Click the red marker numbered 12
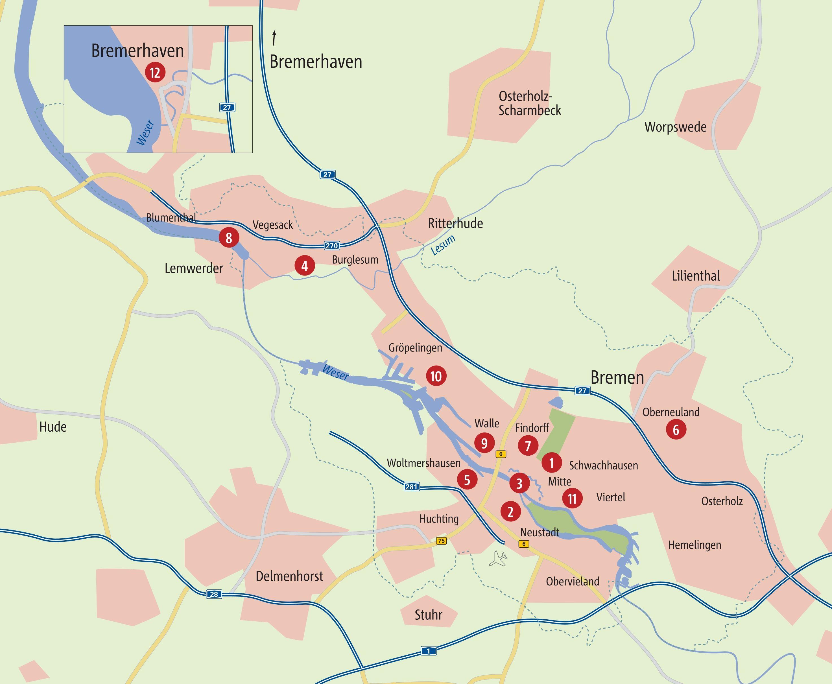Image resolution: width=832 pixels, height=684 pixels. point(155,73)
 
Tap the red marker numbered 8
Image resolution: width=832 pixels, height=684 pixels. point(229,238)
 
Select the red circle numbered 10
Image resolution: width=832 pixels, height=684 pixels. point(436,376)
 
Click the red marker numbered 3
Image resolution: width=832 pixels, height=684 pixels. point(519,483)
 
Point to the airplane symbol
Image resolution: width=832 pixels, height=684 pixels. point(498,559)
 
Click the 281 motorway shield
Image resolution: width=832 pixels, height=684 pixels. point(412,487)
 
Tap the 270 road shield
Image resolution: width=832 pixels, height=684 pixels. point(332,246)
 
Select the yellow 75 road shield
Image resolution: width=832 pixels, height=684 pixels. point(441,541)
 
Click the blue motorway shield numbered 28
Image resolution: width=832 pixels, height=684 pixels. point(214,594)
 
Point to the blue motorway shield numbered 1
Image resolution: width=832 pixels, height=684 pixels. point(429,651)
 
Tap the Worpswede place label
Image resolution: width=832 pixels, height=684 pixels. point(675,127)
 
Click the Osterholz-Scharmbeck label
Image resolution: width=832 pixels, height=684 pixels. point(529,103)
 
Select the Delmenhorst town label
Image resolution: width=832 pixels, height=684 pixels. point(289,576)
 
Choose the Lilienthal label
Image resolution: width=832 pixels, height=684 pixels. point(696,276)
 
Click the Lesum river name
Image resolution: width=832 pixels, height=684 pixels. point(443,245)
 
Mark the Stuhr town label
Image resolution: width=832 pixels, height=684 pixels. point(428,615)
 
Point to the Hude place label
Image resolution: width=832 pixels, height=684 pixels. point(53,427)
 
